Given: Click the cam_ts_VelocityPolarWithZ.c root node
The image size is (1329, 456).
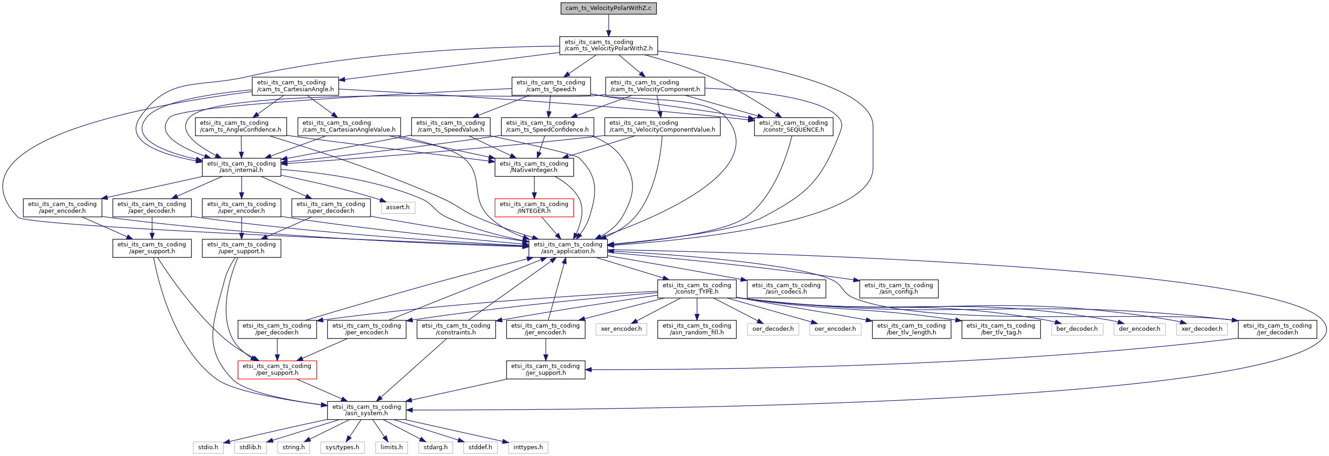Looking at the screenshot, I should tap(608, 8).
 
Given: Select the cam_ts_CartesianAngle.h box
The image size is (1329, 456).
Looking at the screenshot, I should tap(295, 86).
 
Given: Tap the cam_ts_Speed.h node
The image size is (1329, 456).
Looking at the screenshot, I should tap(551, 86).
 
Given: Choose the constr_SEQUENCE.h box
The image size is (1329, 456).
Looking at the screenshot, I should tap(793, 127).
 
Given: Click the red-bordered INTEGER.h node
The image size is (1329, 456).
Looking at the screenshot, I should tap(534, 207).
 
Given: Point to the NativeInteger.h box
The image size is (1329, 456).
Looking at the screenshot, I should tap(534, 167).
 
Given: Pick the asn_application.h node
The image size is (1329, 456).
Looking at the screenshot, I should tap(567, 248).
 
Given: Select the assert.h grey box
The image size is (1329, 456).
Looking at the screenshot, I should tap(397, 207).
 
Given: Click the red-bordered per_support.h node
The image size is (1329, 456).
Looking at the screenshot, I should tap(277, 369).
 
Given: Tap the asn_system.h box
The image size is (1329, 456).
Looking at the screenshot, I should tap(366, 410).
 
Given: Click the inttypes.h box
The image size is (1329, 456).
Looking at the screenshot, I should tap(528, 447).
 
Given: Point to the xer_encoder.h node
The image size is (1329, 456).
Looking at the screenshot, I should tap(621, 329).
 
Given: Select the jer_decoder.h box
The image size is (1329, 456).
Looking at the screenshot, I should tap(1277, 329).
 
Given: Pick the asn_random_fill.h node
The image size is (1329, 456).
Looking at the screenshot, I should tap(697, 329).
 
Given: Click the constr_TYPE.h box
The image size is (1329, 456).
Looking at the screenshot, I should tap(697, 289).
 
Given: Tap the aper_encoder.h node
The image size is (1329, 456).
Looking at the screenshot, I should tap(62, 207).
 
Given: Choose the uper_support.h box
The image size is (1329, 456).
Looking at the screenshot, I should tap(241, 248).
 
